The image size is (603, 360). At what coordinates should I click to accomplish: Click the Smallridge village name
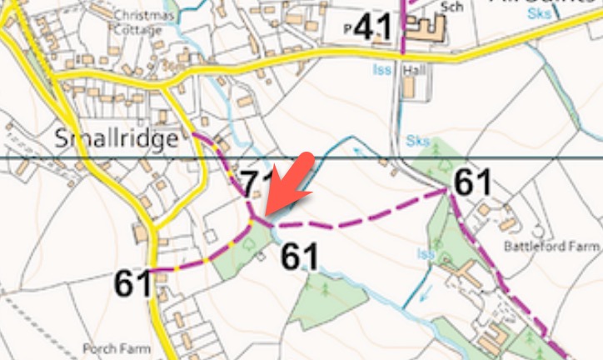click(x=117, y=138)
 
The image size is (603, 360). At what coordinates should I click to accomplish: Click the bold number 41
click(x=371, y=29)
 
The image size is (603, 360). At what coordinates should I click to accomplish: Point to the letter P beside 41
click(x=346, y=30)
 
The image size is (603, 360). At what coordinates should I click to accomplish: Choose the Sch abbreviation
click(x=451, y=7)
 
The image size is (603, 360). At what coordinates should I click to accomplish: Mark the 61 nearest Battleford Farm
click(x=472, y=182)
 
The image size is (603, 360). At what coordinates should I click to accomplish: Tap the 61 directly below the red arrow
click(x=300, y=257)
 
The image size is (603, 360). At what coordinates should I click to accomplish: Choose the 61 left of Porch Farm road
click(x=133, y=284)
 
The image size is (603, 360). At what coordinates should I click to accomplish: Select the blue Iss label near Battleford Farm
click(x=427, y=253)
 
